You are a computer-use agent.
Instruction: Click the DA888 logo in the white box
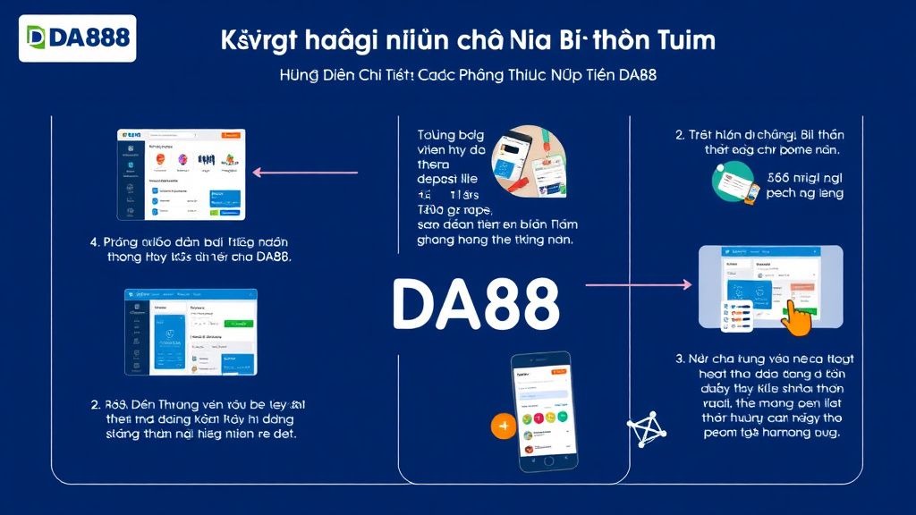[78, 38]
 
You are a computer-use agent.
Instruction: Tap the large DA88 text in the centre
[476, 304]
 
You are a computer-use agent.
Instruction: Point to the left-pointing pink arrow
[305, 173]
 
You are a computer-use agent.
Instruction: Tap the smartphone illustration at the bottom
[539, 410]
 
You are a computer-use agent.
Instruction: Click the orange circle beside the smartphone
[504, 426]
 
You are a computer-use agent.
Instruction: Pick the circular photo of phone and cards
[529, 162]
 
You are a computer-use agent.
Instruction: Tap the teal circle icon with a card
[733, 182]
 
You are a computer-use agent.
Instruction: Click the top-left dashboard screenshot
[181, 174]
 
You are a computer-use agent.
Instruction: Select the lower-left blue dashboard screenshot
[191, 332]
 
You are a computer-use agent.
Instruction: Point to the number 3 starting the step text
[680, 358]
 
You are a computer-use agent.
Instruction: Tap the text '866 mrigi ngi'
[805, 177]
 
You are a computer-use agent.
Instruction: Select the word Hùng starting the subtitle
[299, 75]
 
